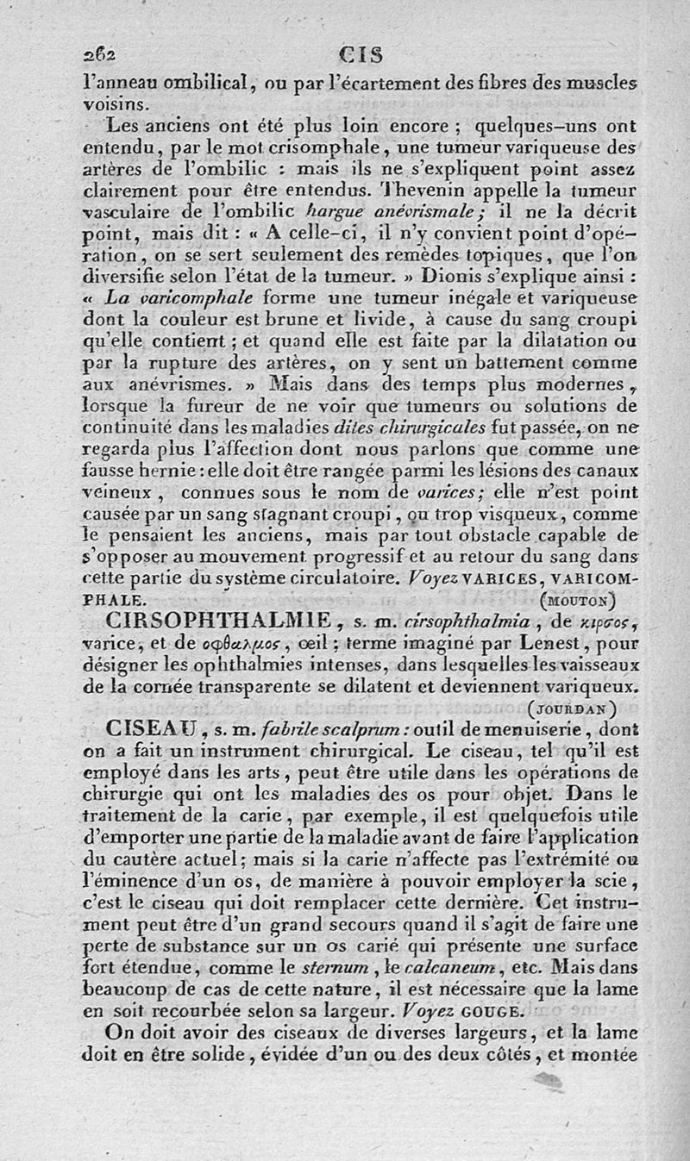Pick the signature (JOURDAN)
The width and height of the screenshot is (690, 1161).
[x=570, y=708]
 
